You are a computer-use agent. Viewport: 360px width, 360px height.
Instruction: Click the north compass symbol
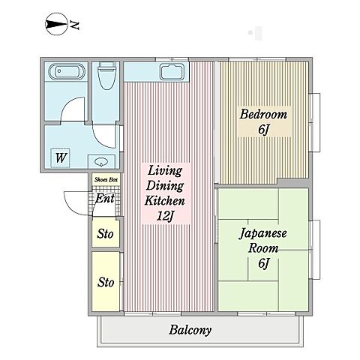[x=56, y=25]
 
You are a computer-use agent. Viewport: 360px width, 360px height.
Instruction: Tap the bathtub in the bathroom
[x=67, y=71]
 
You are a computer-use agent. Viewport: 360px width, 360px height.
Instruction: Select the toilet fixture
[x=107, y=74]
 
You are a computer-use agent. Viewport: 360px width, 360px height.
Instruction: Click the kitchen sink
[x=172, y=72]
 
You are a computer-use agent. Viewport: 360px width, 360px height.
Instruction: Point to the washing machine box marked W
[x=60, y=158]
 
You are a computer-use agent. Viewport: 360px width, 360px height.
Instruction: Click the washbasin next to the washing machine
[x=101, y=162]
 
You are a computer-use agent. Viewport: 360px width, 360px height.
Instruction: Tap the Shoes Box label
[x=106, y=179]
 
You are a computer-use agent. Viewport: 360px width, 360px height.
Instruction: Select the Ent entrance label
[x=105, y=199]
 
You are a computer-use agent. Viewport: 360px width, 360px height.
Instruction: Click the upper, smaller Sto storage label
[x=105, y=234]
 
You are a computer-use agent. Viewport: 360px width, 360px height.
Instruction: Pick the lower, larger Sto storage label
[x=106, y=282]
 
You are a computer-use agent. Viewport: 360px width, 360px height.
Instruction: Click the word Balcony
[x=190, y=330]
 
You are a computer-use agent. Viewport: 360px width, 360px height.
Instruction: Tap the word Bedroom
[x=263, y=114]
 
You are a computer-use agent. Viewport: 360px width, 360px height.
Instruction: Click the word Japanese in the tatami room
[x=263, y=234]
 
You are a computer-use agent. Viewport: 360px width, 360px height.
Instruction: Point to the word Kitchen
[x=165, y=201]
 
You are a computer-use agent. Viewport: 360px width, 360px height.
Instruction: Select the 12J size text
[x=165, y=216]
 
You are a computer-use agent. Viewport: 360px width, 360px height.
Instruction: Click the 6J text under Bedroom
[x=264, y=130]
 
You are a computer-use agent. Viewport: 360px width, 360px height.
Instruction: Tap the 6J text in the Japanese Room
[x=263, y=263]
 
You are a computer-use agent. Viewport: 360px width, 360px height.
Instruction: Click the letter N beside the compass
[x=74, y=25]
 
